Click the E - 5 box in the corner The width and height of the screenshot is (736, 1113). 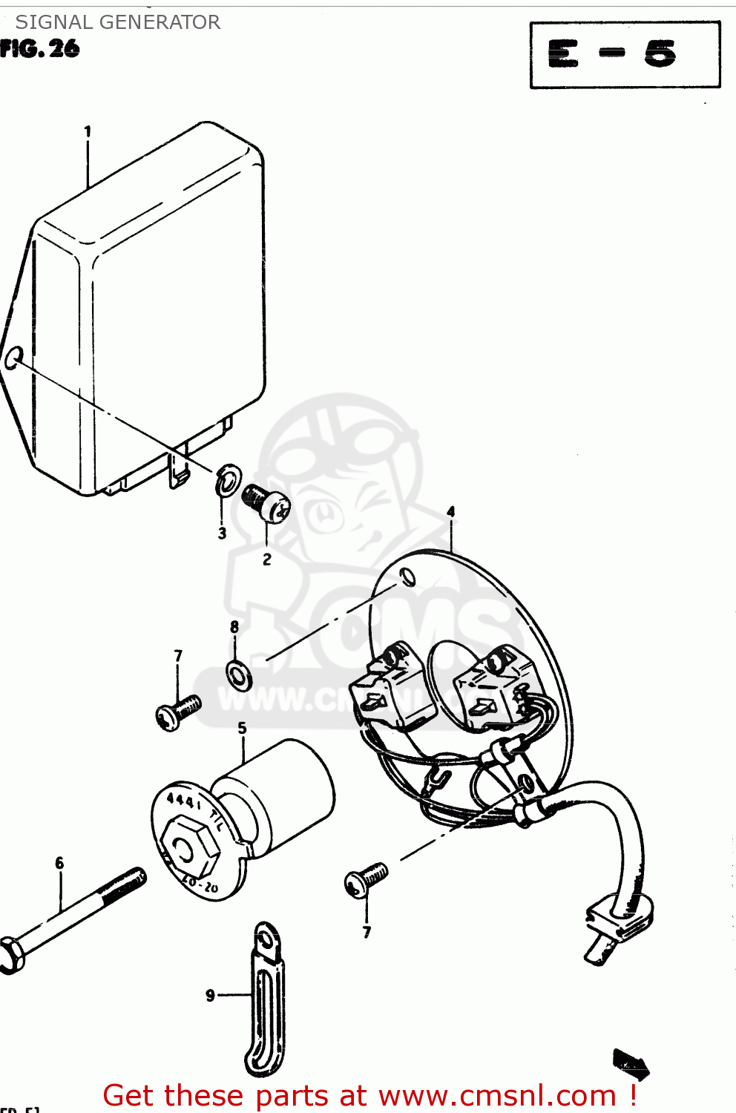click(625, 54)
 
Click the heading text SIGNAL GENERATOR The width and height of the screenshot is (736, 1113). click(118, 22)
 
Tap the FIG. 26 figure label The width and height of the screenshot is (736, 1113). click(40, 50)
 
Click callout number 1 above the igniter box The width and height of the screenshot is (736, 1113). click(88, 132)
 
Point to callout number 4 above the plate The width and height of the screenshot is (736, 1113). click(450, 512)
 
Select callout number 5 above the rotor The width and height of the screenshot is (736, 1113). click(242, 729)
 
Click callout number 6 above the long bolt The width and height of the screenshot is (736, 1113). click(59, 863)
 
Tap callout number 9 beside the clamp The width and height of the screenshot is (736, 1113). click(210, 995)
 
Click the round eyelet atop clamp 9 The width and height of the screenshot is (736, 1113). click(264, 939)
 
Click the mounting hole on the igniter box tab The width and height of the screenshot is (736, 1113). click(13, 360)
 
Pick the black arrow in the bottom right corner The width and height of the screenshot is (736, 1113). click(630, 1064)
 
